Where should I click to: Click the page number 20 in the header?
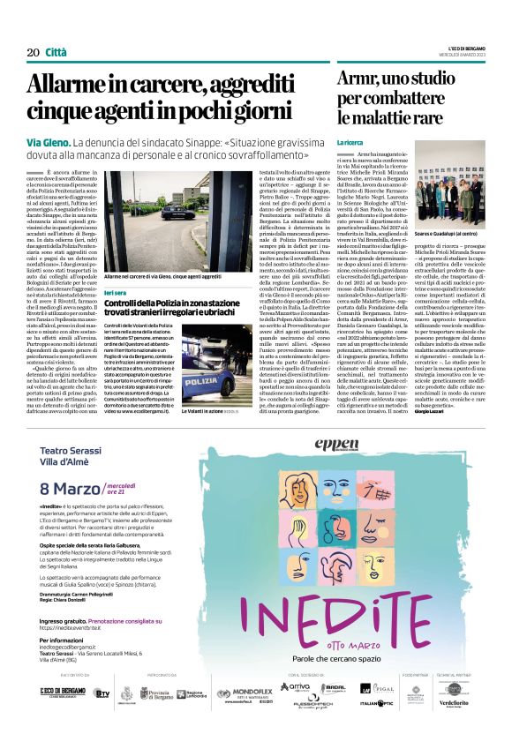(34, 52)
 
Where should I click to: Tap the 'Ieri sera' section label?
(115, 291)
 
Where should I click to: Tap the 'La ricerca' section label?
(349, 141)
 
